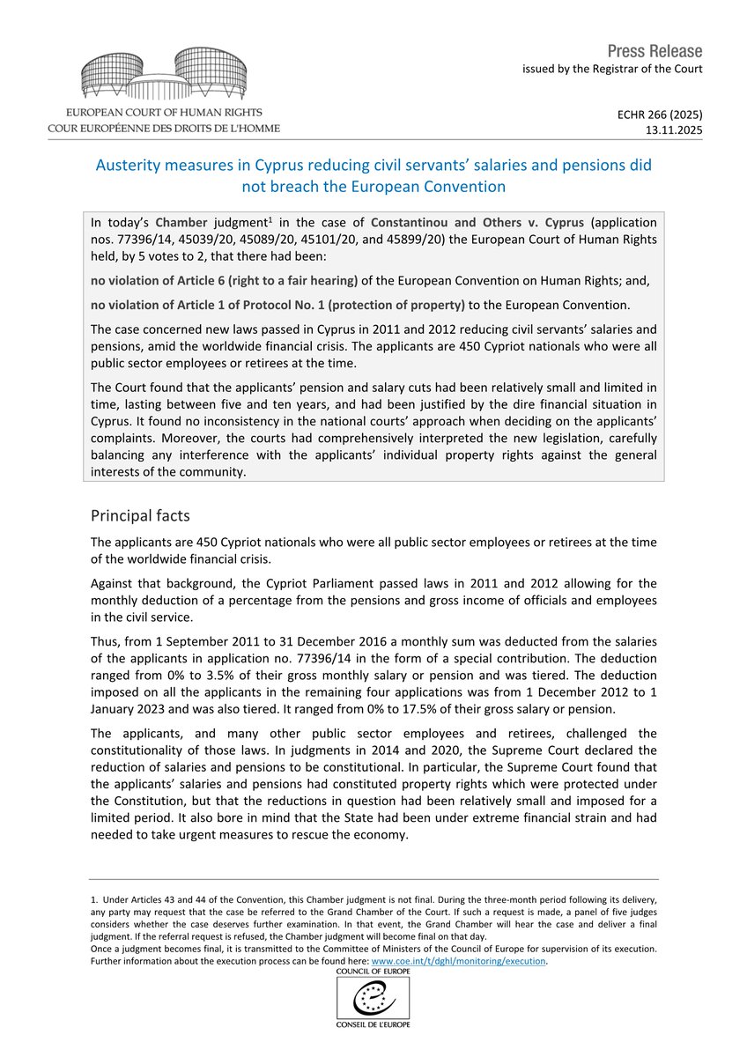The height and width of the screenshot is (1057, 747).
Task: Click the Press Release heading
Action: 655,50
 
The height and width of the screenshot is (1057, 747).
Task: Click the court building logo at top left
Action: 164,75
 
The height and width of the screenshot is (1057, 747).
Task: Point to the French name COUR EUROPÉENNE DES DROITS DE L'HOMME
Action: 164,129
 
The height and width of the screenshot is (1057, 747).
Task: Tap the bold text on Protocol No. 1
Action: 277,307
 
